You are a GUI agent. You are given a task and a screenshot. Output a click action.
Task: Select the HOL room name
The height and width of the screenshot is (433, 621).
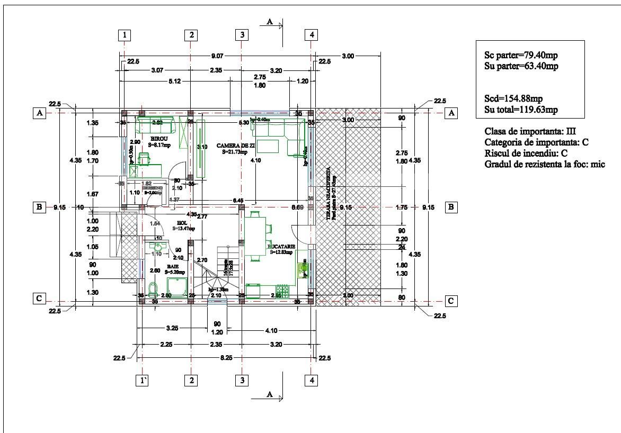[x=183, y=222]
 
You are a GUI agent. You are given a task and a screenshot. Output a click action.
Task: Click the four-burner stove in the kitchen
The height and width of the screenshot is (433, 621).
[x=281, y=291]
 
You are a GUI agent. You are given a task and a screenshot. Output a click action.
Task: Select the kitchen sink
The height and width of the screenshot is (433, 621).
[x=303, y=270]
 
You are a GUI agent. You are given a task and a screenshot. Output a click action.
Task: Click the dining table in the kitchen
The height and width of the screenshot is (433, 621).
[x=254, y=236]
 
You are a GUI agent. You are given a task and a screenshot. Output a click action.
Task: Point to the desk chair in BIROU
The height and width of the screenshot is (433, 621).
[x=144, y=158]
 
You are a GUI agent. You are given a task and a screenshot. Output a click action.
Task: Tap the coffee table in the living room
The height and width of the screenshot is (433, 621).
[x=269, y=146]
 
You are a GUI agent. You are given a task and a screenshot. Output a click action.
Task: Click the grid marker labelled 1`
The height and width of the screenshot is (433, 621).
[x=141, y=380]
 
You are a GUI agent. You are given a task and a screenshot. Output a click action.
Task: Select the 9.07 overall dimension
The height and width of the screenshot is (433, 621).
[x=217, y=55]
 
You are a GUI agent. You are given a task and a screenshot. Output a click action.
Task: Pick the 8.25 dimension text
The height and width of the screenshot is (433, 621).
[x=226, y=358]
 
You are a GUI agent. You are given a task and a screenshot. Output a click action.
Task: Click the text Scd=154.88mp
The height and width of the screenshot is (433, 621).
[x=513, y=99]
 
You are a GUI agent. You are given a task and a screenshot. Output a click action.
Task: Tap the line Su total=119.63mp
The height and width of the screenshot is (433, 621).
[x=521, y=110]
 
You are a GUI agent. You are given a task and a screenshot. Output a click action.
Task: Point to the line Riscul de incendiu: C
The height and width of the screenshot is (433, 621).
[x=522, y=154]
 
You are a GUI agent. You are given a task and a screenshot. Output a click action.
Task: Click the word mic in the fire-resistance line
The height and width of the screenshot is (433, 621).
[x=598, y=165]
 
